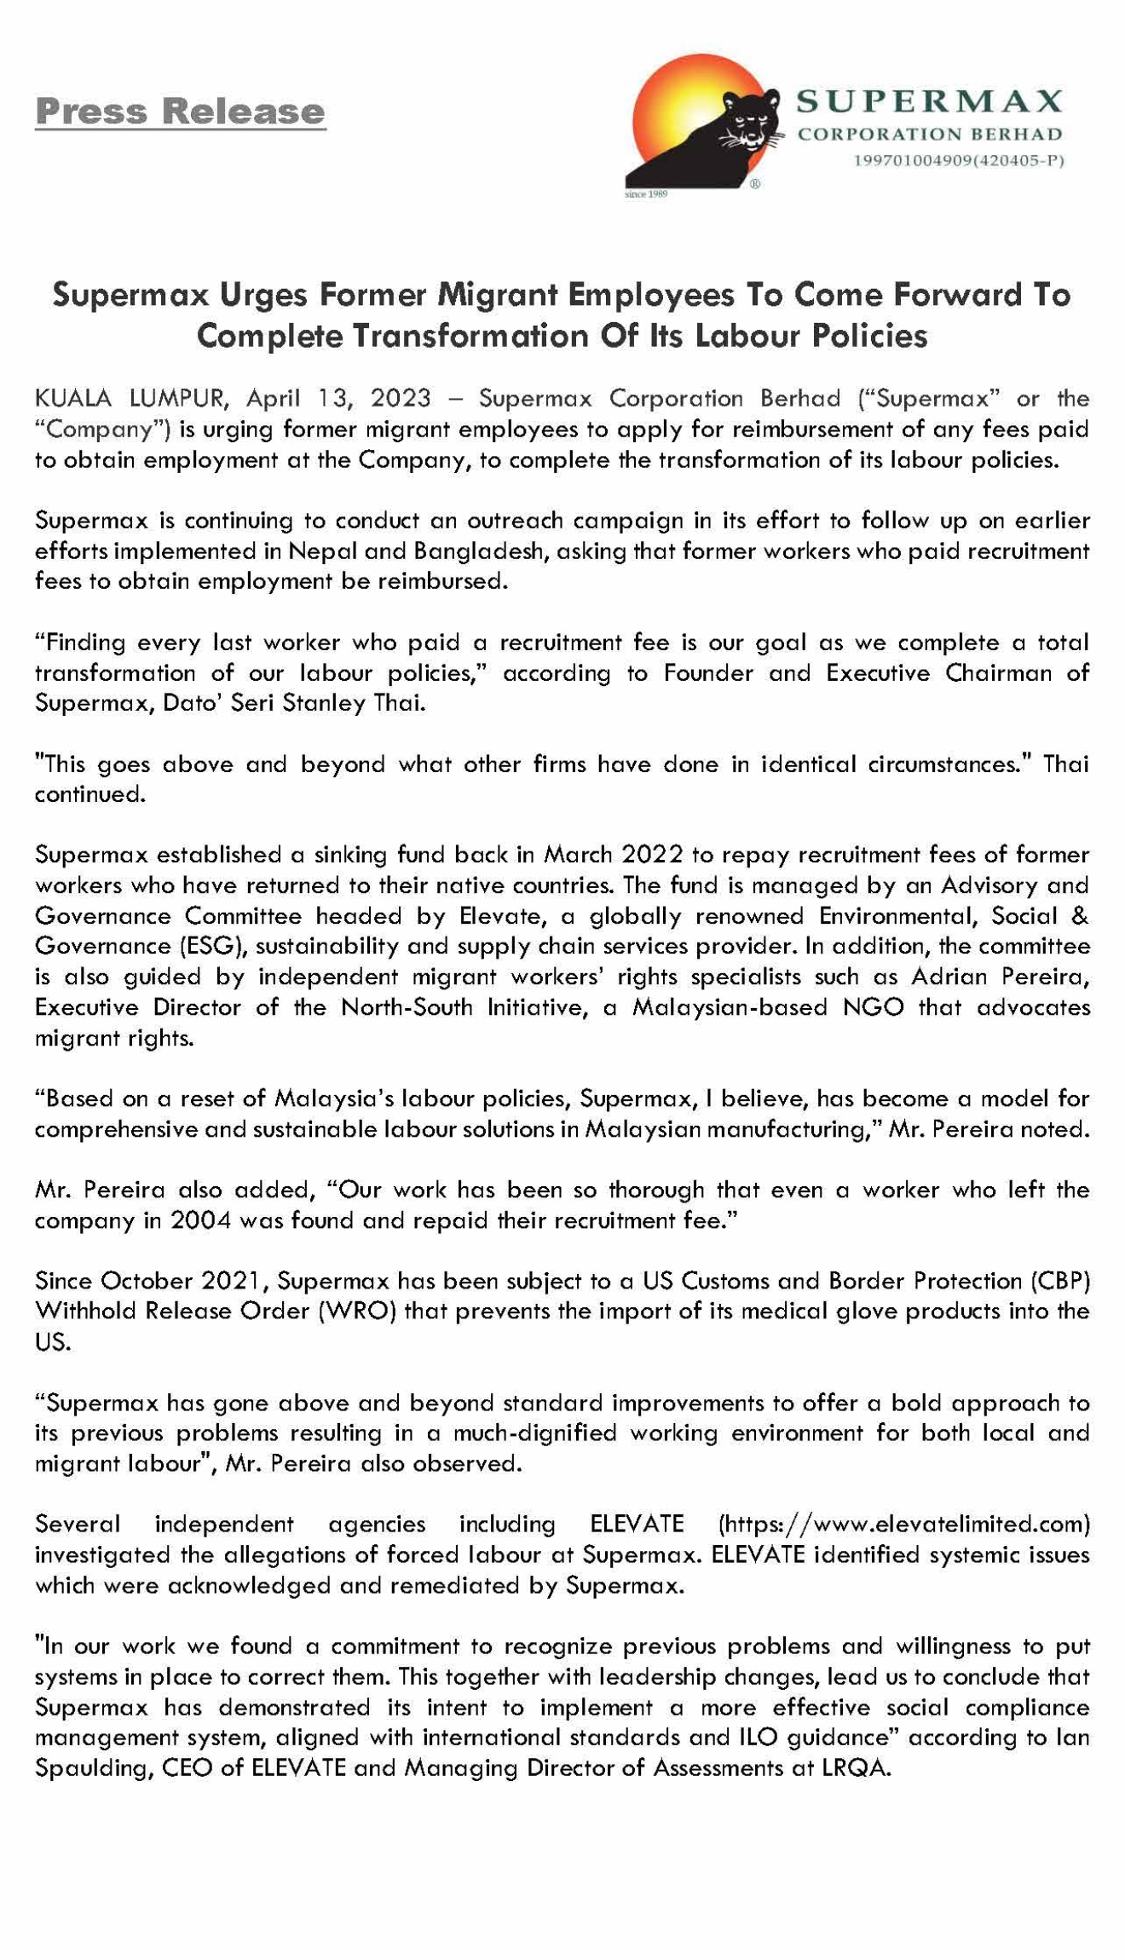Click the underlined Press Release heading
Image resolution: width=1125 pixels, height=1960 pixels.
[x=180, y=112]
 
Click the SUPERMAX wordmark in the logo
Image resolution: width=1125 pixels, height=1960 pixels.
[x=929, y=102]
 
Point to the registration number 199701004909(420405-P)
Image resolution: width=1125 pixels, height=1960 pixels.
[x=958, y=160]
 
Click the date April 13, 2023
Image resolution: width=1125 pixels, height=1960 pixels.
[x=338, y=398]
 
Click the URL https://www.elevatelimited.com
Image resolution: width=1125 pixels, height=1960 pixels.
[x=904, y=1524]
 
